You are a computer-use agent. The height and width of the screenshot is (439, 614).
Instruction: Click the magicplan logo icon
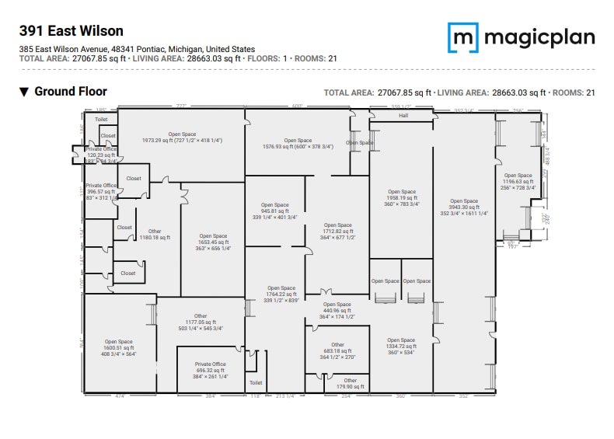click(x=462, y=37)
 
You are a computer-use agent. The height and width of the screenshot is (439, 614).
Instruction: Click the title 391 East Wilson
click(x=71, y=31)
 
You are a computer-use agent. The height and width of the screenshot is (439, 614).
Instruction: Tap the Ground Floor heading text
click(x=70, y=92)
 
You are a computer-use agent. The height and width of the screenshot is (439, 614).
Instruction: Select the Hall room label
click(x=403, y=116)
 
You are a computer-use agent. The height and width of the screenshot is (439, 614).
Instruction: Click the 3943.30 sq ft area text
click(x=465, y=207)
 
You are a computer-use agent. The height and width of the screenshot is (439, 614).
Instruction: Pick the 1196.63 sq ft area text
click(x=518, y=182)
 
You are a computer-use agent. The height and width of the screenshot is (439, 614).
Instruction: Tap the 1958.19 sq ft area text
click(x=402, y=197)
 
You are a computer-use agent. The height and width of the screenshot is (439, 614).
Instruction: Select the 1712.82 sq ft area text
click(x=337, y=231)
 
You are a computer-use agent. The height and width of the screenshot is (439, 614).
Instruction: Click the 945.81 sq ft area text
click(x=275, y=211)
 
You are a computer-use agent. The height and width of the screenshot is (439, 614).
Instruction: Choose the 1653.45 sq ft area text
click(x=213, y=242)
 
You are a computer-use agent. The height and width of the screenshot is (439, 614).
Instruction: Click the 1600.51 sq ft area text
click(x=119, y=347)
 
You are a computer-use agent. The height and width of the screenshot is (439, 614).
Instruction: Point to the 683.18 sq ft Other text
click(x=337, y=350)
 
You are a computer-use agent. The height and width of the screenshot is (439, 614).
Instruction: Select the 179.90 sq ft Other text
click(x=350, y=386)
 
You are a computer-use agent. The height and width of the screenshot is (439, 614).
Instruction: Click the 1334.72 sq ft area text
click(x=401, y=346)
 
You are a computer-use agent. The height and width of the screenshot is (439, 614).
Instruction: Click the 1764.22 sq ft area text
click(x=281, y=294)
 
